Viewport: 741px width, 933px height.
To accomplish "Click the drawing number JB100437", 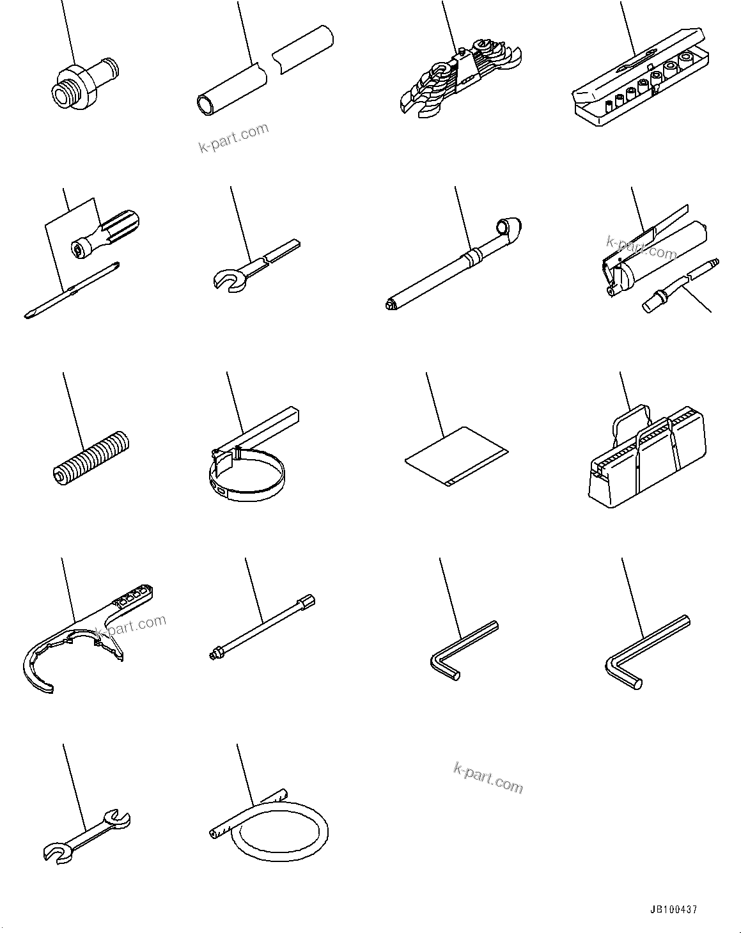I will [674, 909].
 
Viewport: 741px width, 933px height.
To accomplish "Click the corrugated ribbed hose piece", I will [90, 457].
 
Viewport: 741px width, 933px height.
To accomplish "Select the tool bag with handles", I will [646, 461].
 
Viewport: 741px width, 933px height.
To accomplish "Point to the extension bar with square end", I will [261, 625].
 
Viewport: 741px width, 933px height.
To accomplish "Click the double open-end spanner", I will [86, 836].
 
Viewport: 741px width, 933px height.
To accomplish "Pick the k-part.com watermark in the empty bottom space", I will [487, 778].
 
